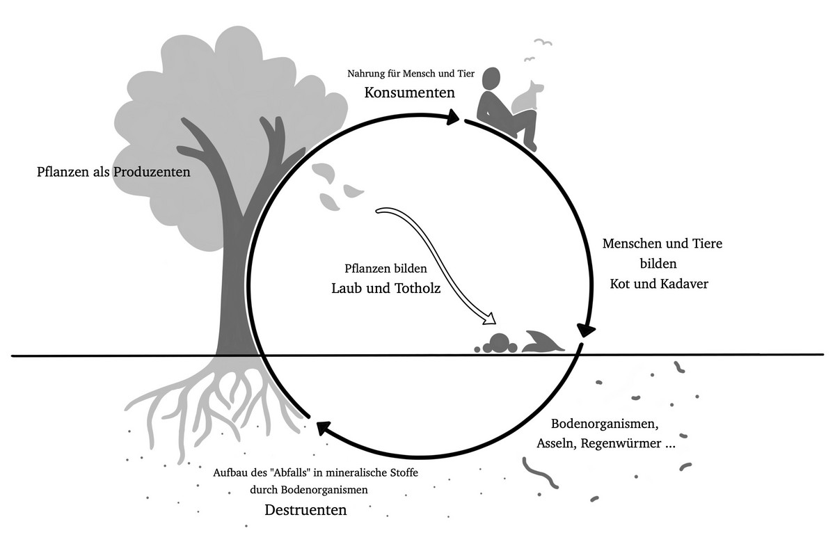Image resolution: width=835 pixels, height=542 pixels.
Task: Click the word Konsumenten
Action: pyautogui.click(x=410, y=92)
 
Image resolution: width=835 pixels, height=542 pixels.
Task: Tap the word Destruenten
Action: pyautogui.click(x=305, y=509)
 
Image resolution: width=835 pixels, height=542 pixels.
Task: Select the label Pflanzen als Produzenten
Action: pyautogui.click(x=113, y=172)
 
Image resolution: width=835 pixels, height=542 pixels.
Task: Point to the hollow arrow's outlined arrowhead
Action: pyautogui.click(x=490, y=319)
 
